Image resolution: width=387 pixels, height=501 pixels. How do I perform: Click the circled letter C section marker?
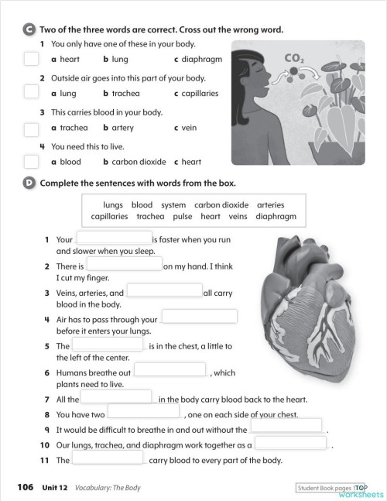(x=29, y=29)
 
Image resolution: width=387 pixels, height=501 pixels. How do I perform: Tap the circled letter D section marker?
(x=29, y=184)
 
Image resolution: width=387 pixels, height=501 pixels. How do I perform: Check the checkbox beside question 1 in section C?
(x=30, y=59)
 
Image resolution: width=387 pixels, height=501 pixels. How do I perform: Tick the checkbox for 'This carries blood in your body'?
(x=30, y=127)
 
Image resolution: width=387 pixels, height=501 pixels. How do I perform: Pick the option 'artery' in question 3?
(x=122, y=128)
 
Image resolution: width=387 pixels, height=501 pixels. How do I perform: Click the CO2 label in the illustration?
(x=294, y=58)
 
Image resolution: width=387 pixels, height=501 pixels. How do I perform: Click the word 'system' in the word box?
(x=173, y=205)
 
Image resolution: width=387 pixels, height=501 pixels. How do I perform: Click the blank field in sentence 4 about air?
(x=198, y=317)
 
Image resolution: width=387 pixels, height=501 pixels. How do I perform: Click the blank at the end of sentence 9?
(x=286, y=425)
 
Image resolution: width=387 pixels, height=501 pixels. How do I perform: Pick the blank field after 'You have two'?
(x=143, y=411)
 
